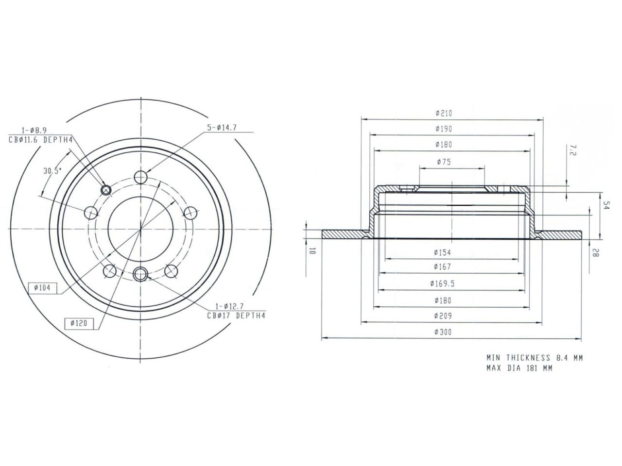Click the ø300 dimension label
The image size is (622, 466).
click(x=444, y=333)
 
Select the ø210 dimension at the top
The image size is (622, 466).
click(x=444, y=113)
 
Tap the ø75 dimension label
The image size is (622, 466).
click(x=444, y=162)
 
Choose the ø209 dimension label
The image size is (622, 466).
click(x=444, y=316)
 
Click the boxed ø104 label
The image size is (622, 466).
click(x=43, y=288)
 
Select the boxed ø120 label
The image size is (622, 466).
click(x=79, y=323)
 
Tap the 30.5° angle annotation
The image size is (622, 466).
click(x=52, y=171)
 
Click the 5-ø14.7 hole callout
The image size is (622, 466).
click(x=223, y=128)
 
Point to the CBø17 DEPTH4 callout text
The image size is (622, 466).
click(x=236, y=315)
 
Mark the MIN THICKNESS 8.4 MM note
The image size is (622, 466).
click(x=535, y=358)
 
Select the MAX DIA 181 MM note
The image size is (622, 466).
click(x=519, y=368)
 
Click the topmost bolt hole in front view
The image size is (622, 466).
click(x=141, y=177)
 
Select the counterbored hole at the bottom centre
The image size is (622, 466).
click(x=141, y=274)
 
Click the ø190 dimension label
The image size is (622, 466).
click(x=444, y=129)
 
